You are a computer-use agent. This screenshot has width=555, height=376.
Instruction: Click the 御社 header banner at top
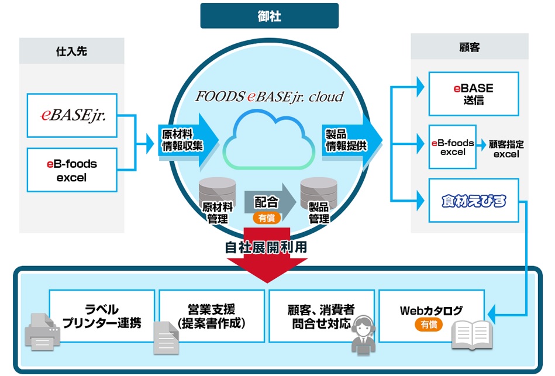(269, 16)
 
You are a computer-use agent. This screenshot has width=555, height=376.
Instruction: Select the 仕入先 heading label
(71, 51)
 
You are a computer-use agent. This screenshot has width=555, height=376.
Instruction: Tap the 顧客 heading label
(470, 47)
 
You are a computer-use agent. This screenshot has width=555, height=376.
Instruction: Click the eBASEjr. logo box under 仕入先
(72, 116)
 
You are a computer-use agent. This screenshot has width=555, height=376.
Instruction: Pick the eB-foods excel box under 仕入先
(72, 170)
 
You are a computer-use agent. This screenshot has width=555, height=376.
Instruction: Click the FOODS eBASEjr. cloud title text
(269, 96)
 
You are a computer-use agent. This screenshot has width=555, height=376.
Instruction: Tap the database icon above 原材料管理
(217, 189)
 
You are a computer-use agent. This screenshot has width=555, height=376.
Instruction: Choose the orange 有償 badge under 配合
(266, 217)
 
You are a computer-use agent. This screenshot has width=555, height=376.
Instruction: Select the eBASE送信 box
(473, 94)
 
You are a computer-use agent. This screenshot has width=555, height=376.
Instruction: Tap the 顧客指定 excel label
(506, 149)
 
